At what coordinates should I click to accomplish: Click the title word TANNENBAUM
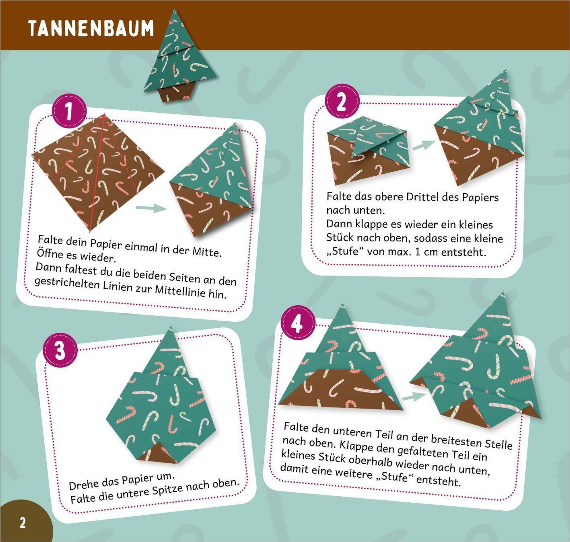pyautogui.click(x=91, y=28)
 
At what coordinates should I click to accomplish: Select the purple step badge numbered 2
pyautogui.click(x=342, y=101)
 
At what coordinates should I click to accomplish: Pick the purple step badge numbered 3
pyautogui.click(x=60, y=350)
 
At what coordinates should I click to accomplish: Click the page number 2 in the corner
pyautogui.click(x=23, y=523)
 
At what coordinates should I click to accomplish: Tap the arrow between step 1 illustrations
pyautogui.click(x=151, y=208)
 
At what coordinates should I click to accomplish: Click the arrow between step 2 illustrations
pyautogui.click(x=423, y=145)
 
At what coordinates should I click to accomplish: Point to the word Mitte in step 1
pyautogui.click(x=207, y=251)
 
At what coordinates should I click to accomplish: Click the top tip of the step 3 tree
pyautogui.click(x=171, y=326)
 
